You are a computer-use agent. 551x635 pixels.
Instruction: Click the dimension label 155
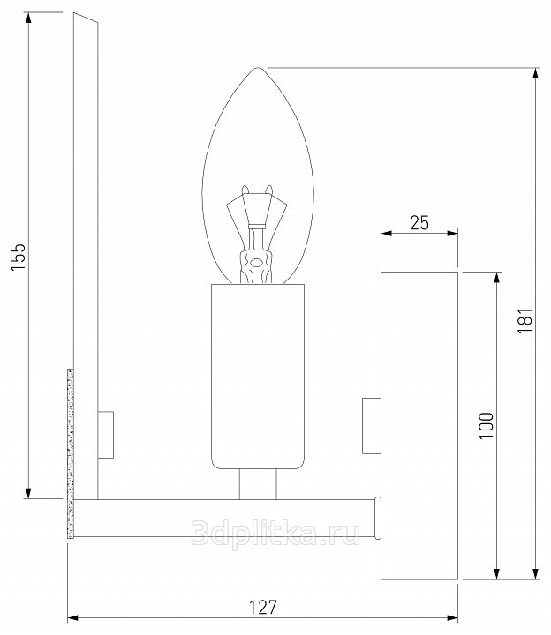19,257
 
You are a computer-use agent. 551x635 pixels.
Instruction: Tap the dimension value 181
525,320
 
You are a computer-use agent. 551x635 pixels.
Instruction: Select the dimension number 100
487,425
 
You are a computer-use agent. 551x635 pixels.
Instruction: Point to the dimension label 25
419,223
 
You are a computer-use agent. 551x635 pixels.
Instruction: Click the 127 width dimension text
263,607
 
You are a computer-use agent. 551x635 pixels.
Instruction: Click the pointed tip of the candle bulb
258,68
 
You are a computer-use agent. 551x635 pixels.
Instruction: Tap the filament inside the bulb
256,234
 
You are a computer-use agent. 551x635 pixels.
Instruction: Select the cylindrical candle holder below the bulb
258,377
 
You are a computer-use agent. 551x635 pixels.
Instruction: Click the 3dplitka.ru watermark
275,533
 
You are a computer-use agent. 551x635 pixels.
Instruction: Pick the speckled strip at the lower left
70,453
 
